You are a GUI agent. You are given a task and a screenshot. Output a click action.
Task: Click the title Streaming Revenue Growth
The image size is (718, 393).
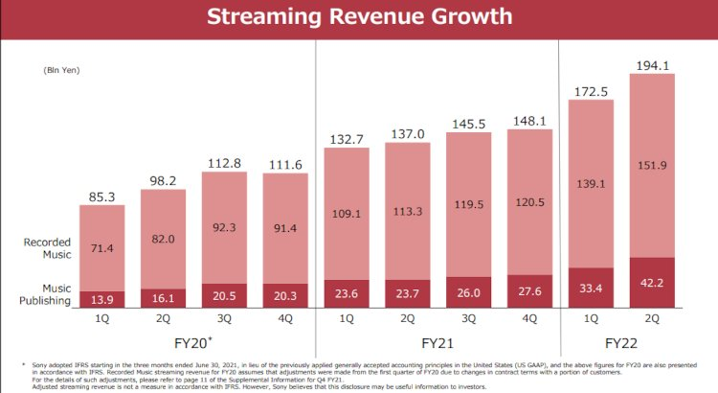(359, 17)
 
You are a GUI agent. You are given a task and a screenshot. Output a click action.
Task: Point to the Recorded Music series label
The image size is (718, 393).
(48, 248)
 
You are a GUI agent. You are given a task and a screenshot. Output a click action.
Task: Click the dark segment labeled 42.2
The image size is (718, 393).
(652, 283)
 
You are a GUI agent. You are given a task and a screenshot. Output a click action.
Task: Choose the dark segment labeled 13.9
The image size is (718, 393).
(101, 299)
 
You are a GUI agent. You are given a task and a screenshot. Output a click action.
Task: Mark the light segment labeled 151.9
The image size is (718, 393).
(652, 165)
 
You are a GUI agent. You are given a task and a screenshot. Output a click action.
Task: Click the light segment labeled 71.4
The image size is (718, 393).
(101, 248)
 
